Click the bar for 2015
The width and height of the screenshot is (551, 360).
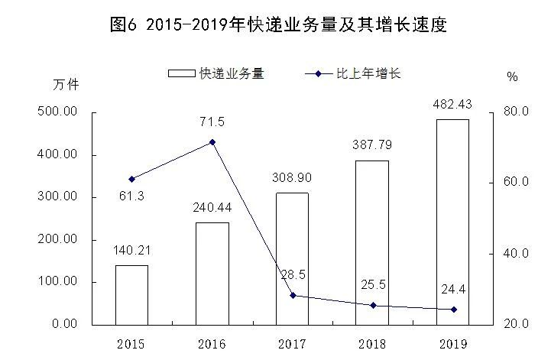click(x=131, y=295)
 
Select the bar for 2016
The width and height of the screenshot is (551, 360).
click(x=212, y=274)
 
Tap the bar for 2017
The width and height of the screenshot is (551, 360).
click(x=292, y=259)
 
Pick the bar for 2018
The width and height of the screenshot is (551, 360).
click(x=372, y=242)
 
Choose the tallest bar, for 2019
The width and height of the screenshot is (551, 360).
click(x=453, y=222)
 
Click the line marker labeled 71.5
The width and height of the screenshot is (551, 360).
click(x=212, y=142)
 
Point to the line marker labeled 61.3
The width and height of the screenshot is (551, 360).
click(x=131, y=179)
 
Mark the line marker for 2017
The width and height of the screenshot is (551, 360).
click(x=293, y=295)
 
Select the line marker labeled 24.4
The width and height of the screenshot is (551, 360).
click(x=453, y=310)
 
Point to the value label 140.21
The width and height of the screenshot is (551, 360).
click(x=131, y=249)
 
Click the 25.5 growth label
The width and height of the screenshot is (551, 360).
click(x=372, y=284)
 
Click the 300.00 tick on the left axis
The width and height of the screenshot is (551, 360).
click(x=60, y=197)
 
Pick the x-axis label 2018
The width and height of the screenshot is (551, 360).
click(x=372, y=342)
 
